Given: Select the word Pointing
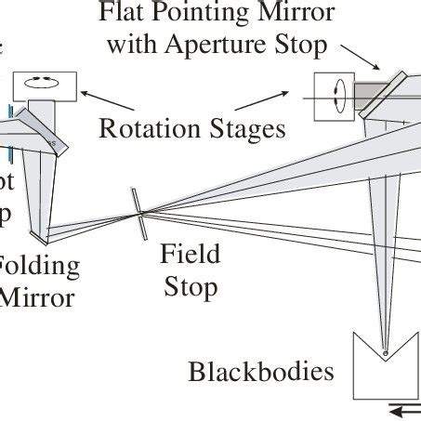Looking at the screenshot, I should tap(204, 14).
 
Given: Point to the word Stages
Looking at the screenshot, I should tap(244, 129).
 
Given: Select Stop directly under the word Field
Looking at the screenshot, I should tap(191, 286).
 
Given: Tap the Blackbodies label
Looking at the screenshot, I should tap(261, 372).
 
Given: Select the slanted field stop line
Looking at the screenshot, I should tap(140, 213).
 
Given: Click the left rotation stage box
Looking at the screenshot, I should tap(40, 84).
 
